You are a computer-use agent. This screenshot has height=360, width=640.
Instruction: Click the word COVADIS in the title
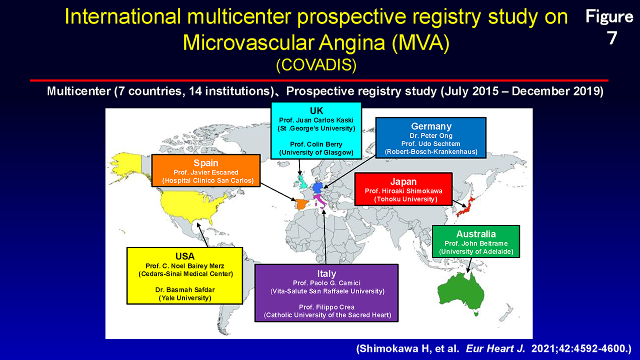tap(316, 65)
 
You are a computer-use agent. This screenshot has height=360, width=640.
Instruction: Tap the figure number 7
tap(611, 38)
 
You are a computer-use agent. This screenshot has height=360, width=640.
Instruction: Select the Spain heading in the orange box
tap(205, 163)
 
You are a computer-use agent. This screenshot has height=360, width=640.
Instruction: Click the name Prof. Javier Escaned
tap(205, 172)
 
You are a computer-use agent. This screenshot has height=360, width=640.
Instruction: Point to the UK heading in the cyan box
tap(316, 110)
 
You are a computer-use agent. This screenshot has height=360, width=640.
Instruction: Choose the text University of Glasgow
tap(316, 152)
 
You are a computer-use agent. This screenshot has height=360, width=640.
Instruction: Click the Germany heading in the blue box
tap(431, 126)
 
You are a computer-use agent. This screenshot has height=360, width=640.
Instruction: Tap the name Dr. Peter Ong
tap(431, 135)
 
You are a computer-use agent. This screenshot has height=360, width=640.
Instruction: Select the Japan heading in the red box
tap(403, 181)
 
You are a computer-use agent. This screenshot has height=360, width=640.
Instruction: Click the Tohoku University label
tap(405, 199)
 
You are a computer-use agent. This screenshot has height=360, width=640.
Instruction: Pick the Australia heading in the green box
tap(476, 234)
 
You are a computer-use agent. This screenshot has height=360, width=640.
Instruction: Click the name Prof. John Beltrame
tap(476, 243)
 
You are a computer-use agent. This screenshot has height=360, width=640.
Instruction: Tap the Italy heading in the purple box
tap(326, 273)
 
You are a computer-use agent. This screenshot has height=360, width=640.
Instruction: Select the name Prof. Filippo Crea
tap(326, 307)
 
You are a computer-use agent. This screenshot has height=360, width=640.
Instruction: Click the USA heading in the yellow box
tap(185, 256)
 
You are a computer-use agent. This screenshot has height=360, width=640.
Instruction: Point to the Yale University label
tap(185, 298)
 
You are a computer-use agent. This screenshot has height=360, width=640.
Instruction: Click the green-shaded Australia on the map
tap(460, 293)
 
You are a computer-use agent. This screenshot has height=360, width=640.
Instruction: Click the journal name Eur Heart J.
tap(495, 348)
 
